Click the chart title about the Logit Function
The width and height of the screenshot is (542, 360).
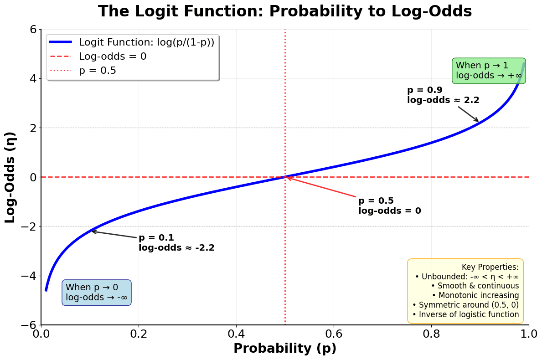pyautogui.click(x=285, y=11)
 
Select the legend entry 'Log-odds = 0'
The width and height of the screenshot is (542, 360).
pyautogui.click(x=113, y=57)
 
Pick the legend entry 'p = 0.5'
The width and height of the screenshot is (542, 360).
pyautogui.click(x=98, y=71)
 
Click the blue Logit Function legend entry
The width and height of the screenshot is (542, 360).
pyautogui.click(x=146, y=42)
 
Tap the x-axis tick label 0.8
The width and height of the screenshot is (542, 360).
pyautogui.click(x=431, y=333)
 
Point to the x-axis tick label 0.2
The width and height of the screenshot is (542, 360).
pyautogui.click(x=139, y=333)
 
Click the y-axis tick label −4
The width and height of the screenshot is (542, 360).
pyautogui.click(x=28, y=276)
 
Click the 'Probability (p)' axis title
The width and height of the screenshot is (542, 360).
pyautogui.click(x=285, y=349)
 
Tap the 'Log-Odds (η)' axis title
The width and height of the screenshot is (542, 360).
pyautogui.click(x=10, y=177)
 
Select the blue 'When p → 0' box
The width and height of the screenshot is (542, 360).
pyautogui.click(x=97, y=293)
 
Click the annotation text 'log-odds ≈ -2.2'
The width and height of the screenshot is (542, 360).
pyautogui.click(x=176, y=248)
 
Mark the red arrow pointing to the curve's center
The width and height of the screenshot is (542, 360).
pyautogui.click(x=321, y=187)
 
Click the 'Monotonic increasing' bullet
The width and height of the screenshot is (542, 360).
pyautogui.click(x=475, y=295)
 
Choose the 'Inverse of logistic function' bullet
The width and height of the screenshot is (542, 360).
pyautogui.click(x=465, y=314)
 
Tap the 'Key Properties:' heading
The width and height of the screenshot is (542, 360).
pyautogui.click(x=490, y=267)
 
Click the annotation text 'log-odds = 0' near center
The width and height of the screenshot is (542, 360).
pyautogui.click(x=390, y=211)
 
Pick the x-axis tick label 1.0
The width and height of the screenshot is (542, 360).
pyautogui.click(x=529, y=333)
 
